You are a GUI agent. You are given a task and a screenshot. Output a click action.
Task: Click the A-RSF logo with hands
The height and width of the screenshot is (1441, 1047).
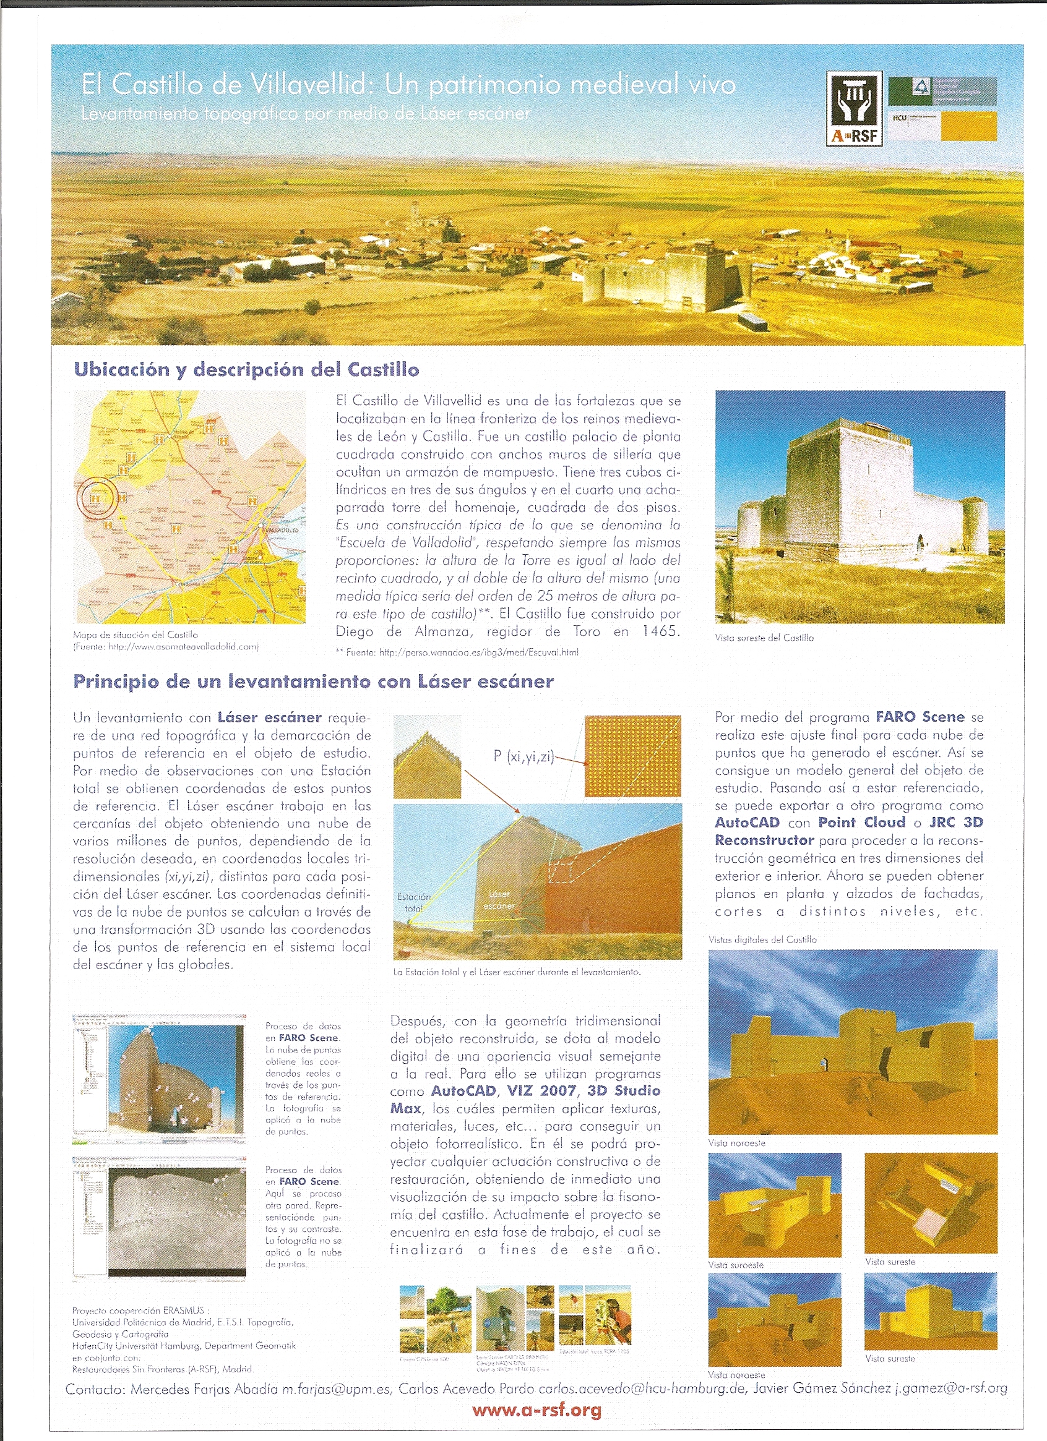854,108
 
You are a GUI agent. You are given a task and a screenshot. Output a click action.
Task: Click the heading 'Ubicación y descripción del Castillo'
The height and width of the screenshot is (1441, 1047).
247,369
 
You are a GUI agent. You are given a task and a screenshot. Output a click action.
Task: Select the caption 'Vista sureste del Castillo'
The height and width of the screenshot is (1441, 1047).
764,638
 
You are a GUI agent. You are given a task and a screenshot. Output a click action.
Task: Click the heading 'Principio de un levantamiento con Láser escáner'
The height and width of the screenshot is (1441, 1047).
313,682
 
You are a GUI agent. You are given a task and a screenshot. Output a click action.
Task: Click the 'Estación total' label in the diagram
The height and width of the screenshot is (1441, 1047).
414,902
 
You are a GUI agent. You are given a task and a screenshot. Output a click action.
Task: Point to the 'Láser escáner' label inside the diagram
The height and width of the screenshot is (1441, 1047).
499,900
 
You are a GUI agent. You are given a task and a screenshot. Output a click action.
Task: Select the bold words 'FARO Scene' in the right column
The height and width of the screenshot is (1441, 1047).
920,717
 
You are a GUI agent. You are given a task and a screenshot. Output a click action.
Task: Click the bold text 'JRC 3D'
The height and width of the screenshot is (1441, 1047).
955,822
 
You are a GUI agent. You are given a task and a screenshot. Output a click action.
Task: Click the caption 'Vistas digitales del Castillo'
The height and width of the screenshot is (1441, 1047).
762,939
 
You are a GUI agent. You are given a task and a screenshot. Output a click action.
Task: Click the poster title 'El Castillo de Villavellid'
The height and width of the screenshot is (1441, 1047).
226,85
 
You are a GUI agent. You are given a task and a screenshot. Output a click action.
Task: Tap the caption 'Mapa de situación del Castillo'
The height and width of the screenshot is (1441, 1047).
136,635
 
